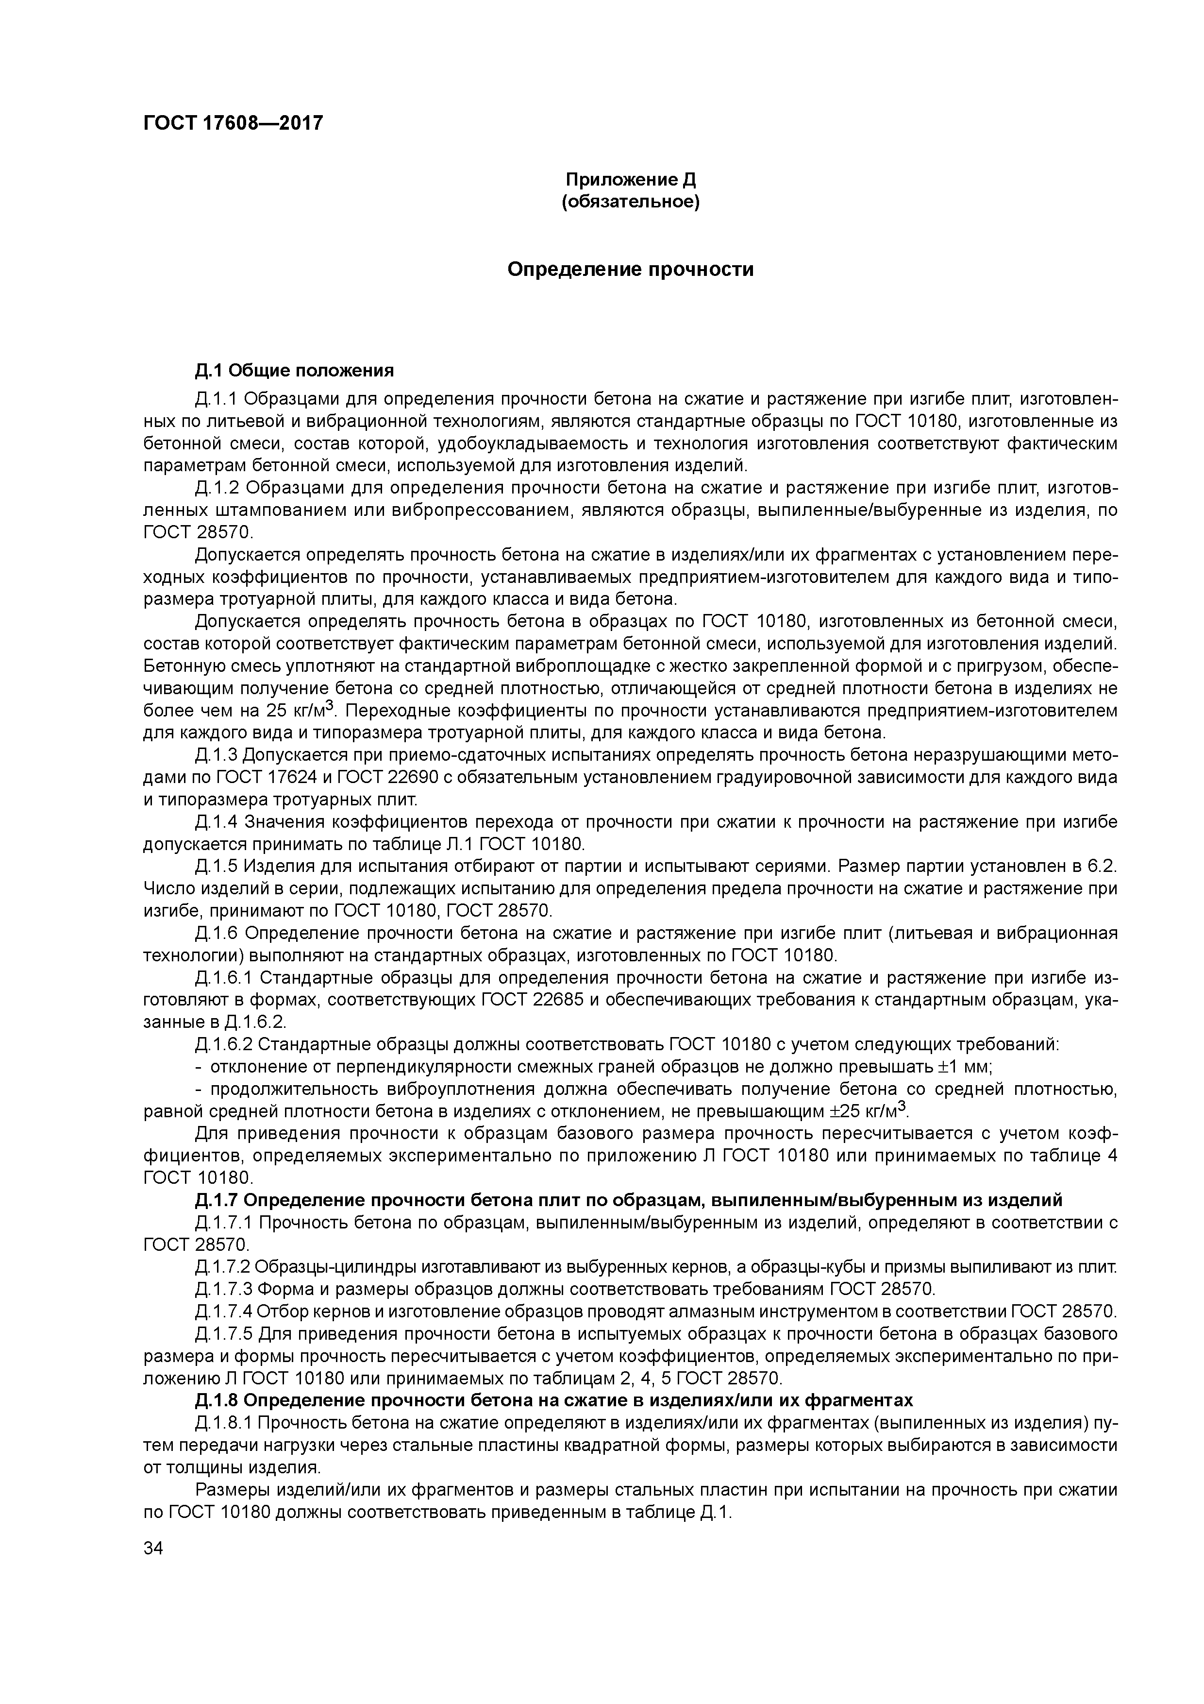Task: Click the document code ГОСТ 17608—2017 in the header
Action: point(233,123)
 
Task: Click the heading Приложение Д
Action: point(631,180)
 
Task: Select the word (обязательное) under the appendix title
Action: point(631,202)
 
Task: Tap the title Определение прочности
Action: point(631,270)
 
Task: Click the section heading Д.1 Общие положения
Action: point(295,370)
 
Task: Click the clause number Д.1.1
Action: point(216,400)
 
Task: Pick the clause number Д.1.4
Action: point(216,822)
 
